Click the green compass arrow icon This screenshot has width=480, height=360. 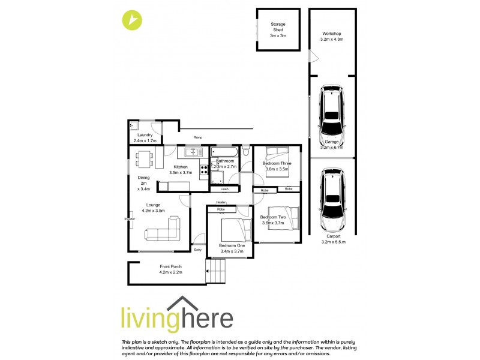point(132,20)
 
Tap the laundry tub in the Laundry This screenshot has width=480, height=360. point(134,126)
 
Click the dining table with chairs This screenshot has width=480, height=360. point(144,158)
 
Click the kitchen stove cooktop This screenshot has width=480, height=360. point(203,169)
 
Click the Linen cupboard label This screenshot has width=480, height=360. point(224,190)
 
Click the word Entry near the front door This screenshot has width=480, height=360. point(198,250)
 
